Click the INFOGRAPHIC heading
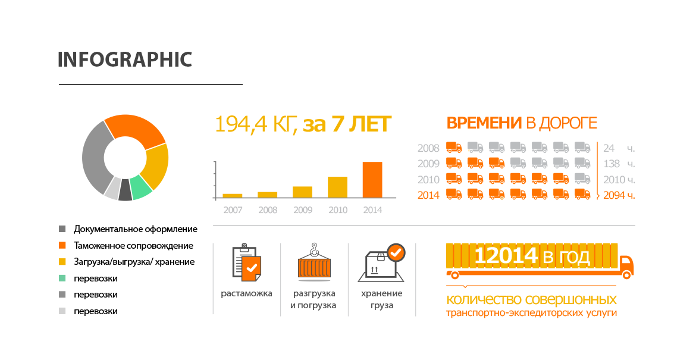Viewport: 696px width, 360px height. [125, 60]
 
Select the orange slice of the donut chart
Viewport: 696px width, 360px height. [137, 128]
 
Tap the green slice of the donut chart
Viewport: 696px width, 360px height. [142, 186]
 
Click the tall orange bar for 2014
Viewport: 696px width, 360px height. [372, 180]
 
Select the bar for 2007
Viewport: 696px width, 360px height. [232, 196]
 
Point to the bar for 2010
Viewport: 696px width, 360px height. [337, 187]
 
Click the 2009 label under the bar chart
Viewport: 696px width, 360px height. [303, 210]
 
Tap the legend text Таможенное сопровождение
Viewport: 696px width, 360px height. [134, 246]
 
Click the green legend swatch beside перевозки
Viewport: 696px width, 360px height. [62, 278]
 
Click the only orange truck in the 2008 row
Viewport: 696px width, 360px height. [454, 148]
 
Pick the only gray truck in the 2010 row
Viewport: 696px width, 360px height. [582, 179]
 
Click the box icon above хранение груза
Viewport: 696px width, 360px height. [381, 263]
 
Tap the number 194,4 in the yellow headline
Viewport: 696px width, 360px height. [241, 124]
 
